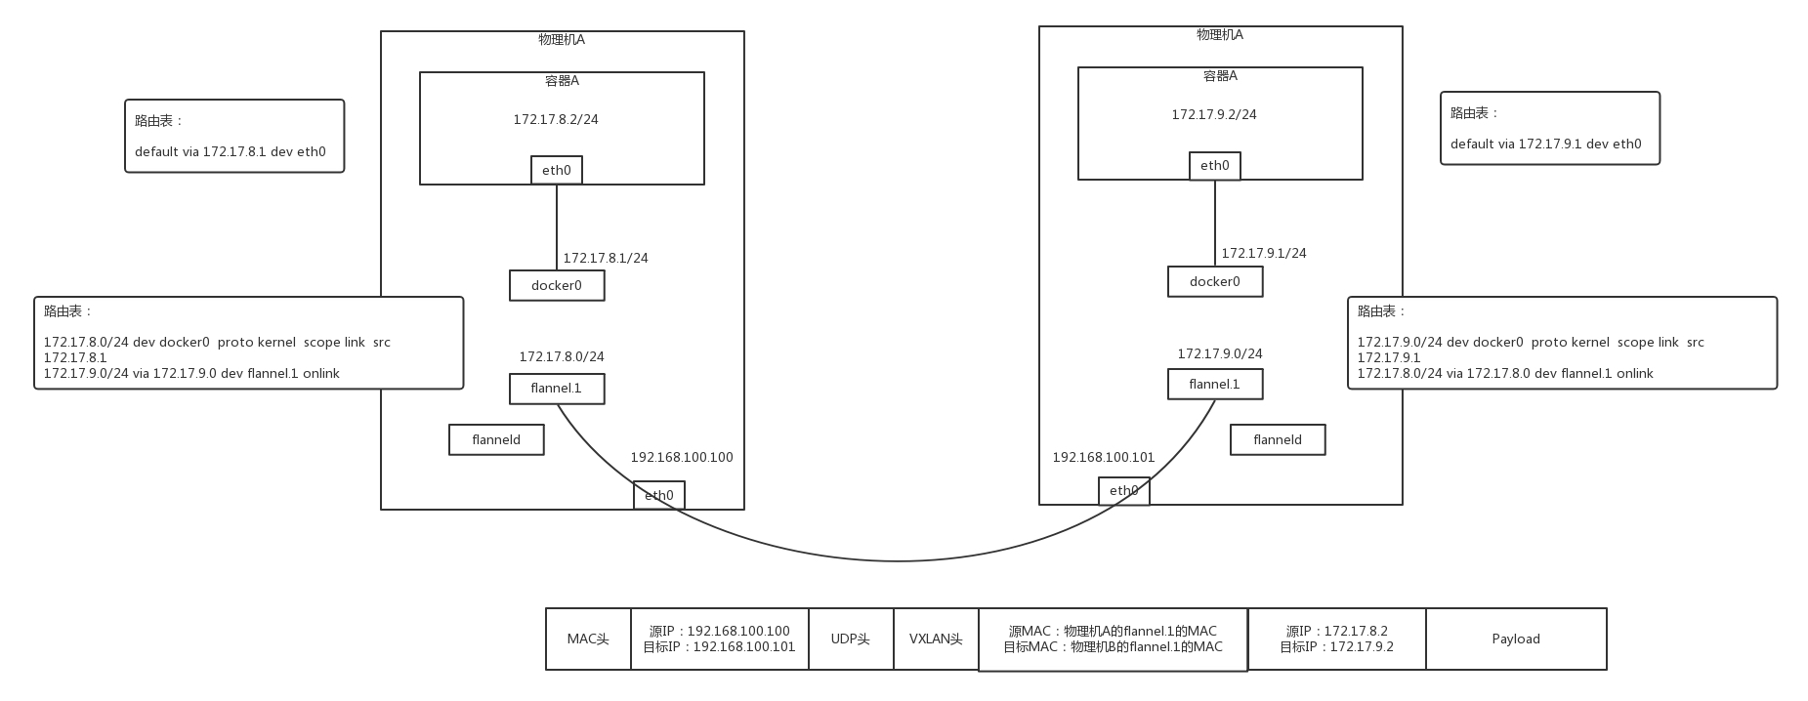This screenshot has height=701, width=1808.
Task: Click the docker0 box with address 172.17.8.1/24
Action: pyautogui.click(x=557, y=285)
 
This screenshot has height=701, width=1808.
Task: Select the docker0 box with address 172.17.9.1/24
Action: pyautogui.click(x=1215, y=281)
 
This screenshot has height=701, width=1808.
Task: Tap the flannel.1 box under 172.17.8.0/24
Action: pyautogui.click(x=557, y=388)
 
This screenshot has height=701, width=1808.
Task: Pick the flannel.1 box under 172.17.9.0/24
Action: pyautogui.click(x=1215, y=384)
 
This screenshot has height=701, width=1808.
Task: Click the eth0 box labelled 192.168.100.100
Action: pyautogui.click(x=659, y=495)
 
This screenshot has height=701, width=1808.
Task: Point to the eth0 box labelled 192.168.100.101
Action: pyautogui.click(x=1123, y=491)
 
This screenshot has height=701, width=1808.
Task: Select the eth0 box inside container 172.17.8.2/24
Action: pyautogui.click(x=557, y=170)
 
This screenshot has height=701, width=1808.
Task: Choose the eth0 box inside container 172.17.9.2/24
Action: pyautogui.click(x=1215, y=166)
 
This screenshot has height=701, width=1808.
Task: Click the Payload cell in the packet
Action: pyautogui.click(x=1516, y=639)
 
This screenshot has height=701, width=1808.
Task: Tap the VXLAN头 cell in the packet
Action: pyautogui.click(x=936, y=639)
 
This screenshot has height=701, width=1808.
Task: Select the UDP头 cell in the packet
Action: pyautogui.click(x=851, y=639)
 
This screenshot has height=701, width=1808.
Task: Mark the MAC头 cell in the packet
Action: pyautogui.click(x=588, y=639)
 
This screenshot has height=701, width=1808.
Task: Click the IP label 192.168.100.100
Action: pyautogui.click(x=682, y=457)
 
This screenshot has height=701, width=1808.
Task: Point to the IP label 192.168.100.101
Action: pyautogui.click(x=1104, y=457)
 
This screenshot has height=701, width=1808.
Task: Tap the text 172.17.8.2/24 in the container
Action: pyautogui.click(x=556, y=119)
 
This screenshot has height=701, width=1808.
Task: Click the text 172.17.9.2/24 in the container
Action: pyautogui.click(x=1214, y=114)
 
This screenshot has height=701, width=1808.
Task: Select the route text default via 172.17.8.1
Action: pyautogui.click(x=231, y=151)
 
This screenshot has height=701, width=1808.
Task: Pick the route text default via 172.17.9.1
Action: pyautogui.click(x=1546, y=144)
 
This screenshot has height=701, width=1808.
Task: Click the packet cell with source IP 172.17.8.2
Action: pyautogui.click(x=1337, y=639)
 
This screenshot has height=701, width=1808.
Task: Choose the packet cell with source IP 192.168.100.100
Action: pyautogui.click(x=720, y=639)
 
